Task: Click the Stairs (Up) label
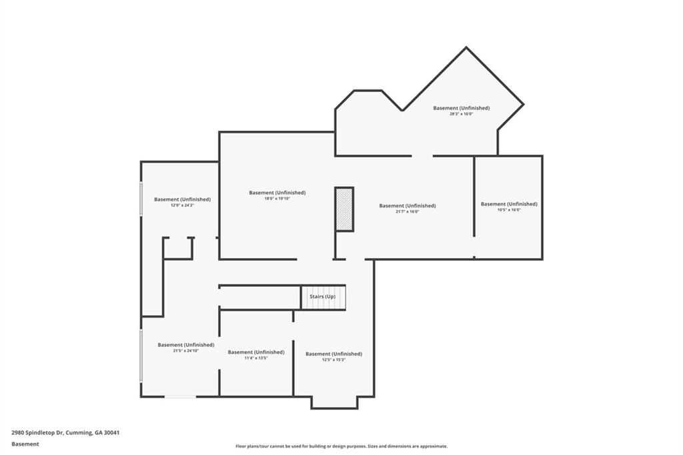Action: (322, 296)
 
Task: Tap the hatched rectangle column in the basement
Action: (344, 209)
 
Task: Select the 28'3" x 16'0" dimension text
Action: (461, 114)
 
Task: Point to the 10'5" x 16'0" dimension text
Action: (509, 210)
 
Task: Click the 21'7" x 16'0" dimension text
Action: (408, 212)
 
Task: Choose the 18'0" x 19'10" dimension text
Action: (277, 199)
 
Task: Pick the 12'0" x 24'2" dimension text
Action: (182, 205)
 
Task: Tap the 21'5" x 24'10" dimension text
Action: (185, 351)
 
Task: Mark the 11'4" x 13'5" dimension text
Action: (256, 358)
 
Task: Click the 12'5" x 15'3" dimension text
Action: (333, 360)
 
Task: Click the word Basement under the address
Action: (25, 444)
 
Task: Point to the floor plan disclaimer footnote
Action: (341, 446)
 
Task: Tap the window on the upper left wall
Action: (141, 198)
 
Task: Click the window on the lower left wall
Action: (141, 356)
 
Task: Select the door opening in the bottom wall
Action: (180, 397)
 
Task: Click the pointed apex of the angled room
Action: (466, 48)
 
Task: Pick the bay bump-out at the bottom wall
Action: (334, 402)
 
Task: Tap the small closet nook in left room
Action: (178, 248)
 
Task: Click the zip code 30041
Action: (111, 432)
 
